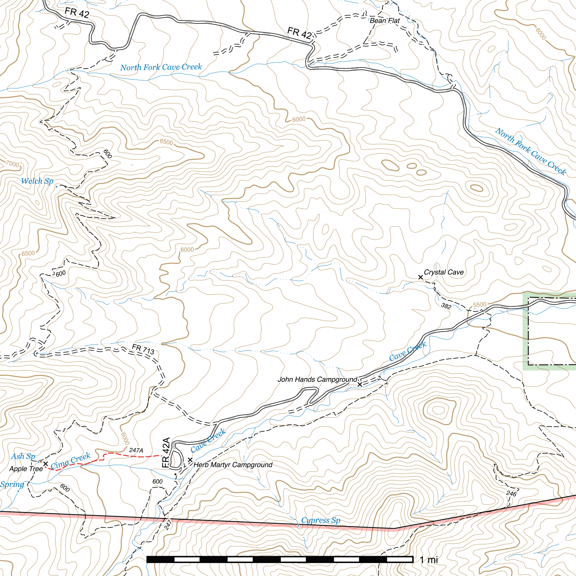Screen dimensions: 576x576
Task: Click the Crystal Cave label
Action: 444,272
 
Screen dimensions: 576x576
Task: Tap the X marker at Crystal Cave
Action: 420,277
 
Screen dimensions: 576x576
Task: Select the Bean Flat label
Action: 384,21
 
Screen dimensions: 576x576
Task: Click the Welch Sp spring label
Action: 37,181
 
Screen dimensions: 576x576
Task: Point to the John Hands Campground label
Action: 317,379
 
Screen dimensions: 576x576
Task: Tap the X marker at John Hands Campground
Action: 360,384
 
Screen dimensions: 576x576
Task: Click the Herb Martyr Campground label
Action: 233,465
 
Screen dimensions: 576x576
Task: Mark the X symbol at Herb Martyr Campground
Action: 190,460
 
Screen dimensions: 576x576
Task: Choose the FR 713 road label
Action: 143,349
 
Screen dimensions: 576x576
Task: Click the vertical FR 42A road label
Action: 166,453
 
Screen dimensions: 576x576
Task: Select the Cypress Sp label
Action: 320,520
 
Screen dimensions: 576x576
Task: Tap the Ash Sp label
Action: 23,456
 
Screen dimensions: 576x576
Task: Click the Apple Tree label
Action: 26,469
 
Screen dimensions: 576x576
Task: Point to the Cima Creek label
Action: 71,461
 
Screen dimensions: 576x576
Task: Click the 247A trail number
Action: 136,450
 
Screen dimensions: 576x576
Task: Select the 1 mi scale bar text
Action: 429,559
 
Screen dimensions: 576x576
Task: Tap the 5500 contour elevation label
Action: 480,305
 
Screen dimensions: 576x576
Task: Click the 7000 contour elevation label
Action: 13,164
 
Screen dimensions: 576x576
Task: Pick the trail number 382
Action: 446,306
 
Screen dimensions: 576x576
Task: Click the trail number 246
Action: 511,494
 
